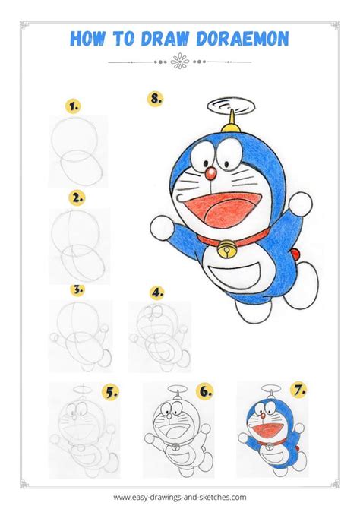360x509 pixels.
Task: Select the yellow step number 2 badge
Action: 76,198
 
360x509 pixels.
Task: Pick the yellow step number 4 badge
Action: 157,292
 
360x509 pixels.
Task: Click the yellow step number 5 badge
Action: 112,393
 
